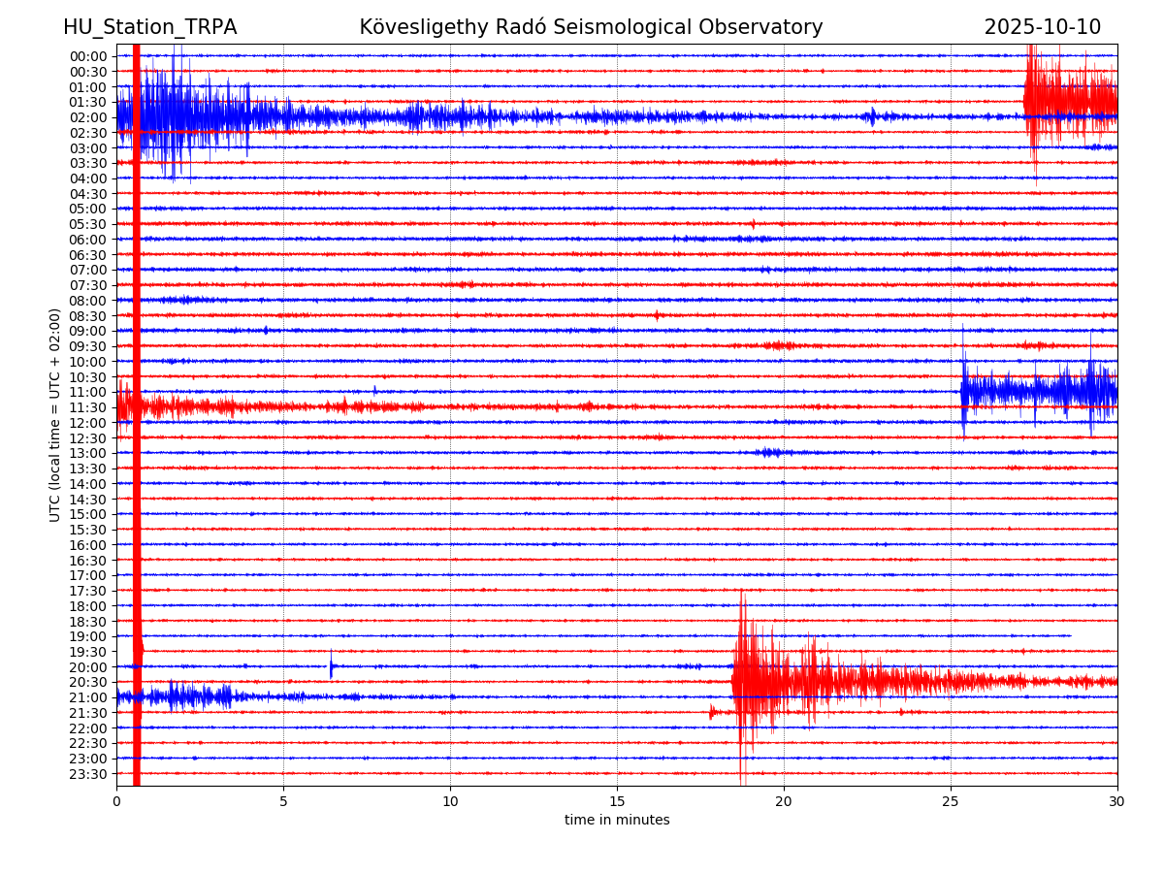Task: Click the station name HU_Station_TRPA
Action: tap(149, 27)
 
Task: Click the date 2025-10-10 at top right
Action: tap(1043, 27)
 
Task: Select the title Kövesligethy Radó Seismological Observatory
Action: tap(591, 27)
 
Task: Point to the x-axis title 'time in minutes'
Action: tap(617, 820)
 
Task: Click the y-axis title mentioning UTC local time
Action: tap(55, 414)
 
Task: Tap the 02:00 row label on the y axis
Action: tap(88, 117)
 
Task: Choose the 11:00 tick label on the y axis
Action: tap(88, 392)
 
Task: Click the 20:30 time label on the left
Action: tap(88, 682)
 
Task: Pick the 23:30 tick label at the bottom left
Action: tap(88, 774)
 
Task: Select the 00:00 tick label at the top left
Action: tap(88, 56)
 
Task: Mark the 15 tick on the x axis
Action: tap(617, 802)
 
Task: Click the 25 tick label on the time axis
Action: tap(951, 802)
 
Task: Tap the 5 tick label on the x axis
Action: tap(283, 802)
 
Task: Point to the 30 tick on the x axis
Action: tap(1117, 802)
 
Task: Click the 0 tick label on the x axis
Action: tap(116, 802)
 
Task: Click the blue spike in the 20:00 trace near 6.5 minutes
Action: tap(331, 666)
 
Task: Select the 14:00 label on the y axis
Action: tap(88, 484)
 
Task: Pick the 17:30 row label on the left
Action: tap(88, 591)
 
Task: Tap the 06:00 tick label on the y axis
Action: tap(88, 240)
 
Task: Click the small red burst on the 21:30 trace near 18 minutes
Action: tap(712, 713)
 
